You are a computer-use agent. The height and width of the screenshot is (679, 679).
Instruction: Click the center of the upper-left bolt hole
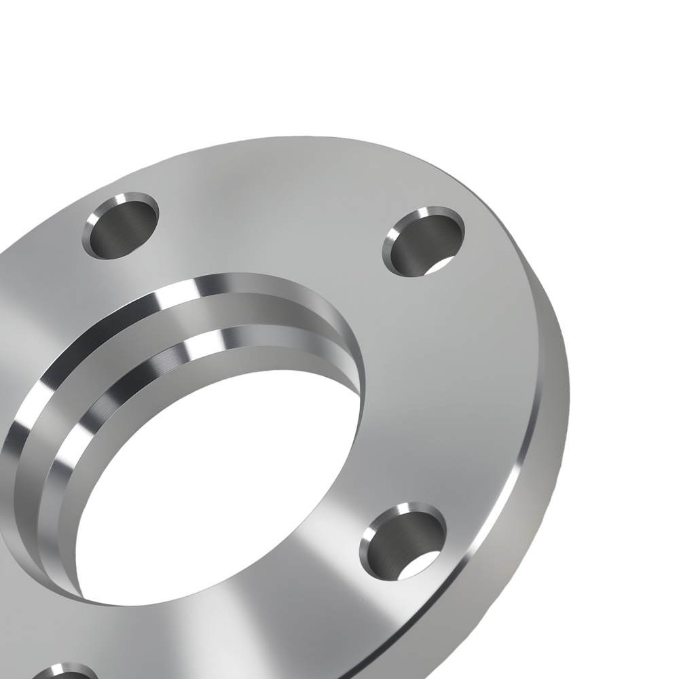[121, 227]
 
